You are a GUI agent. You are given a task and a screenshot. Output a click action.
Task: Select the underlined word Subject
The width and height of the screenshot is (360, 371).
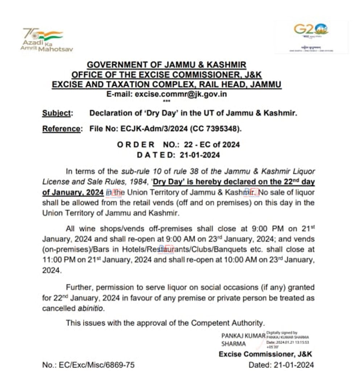click(57, 113)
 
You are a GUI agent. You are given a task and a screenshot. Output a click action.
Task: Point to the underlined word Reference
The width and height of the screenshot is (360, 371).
click(61, 129)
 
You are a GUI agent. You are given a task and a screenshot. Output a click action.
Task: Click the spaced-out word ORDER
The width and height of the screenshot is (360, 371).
click(136, 145)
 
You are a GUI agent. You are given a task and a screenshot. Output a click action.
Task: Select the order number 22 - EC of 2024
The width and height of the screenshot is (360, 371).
click(212, 145)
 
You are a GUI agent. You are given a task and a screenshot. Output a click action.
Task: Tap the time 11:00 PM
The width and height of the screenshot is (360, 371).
click(57, 260)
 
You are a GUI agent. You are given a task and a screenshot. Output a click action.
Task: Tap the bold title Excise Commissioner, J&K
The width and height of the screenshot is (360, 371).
click(265, 354)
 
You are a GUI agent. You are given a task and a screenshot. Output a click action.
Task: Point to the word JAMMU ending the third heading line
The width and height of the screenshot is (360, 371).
click(264, 85)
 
